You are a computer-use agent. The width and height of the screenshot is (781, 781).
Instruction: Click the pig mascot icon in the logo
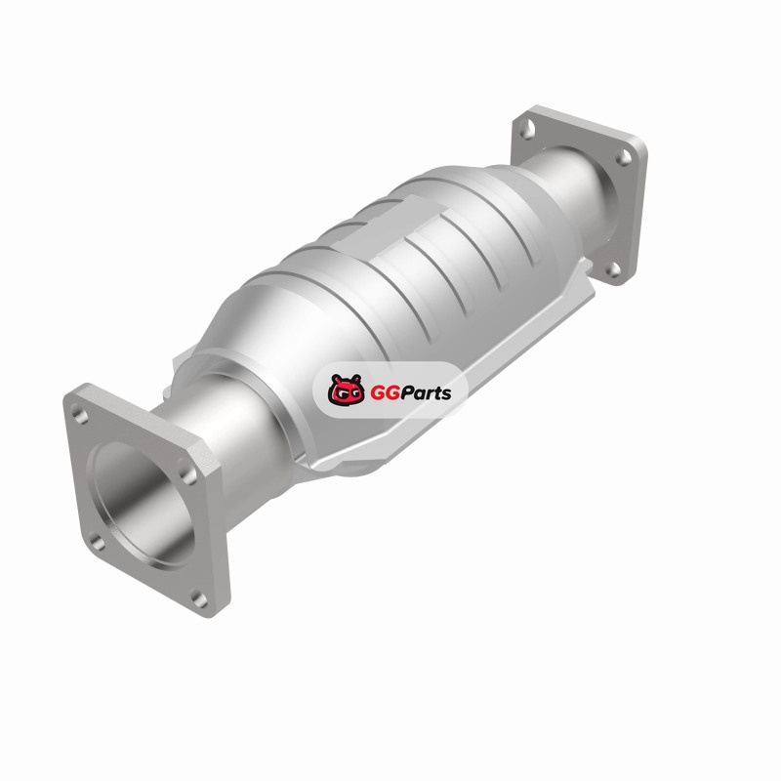347,390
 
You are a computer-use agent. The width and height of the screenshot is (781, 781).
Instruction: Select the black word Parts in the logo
426,393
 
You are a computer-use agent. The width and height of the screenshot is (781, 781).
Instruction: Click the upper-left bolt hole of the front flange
80,414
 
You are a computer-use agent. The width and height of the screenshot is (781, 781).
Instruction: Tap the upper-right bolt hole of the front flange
187,473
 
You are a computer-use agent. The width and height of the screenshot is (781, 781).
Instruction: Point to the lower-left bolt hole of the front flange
98,542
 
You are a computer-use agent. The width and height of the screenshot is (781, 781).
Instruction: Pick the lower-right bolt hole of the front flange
199,599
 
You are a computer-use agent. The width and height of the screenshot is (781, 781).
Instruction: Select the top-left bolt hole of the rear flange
527,130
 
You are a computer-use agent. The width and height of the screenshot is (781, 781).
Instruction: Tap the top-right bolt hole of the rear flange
623,157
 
